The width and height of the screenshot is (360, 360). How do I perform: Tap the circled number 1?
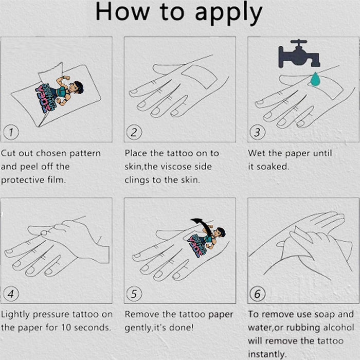tap(11, 132)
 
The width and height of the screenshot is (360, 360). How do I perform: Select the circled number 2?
tap(134, 132)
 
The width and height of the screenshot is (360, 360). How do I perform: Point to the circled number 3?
tap(257, 132)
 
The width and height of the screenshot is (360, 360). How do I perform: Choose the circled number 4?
tap(11, 294)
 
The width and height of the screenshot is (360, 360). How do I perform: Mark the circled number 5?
tap(134, 294)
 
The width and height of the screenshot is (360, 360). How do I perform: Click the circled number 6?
tap(257, 294)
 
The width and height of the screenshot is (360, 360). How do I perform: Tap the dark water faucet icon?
tap(299, 55)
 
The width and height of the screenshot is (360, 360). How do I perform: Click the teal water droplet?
tap(315, 79)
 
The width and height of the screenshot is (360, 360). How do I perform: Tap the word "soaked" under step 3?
tap(272, 167)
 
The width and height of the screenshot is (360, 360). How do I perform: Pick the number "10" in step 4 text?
tap(66, 328)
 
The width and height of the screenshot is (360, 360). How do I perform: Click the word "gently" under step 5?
tap(138, 328)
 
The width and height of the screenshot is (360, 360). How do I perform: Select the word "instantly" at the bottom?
tap(267, 354)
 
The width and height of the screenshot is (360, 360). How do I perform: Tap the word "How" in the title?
tap(122, 12)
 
